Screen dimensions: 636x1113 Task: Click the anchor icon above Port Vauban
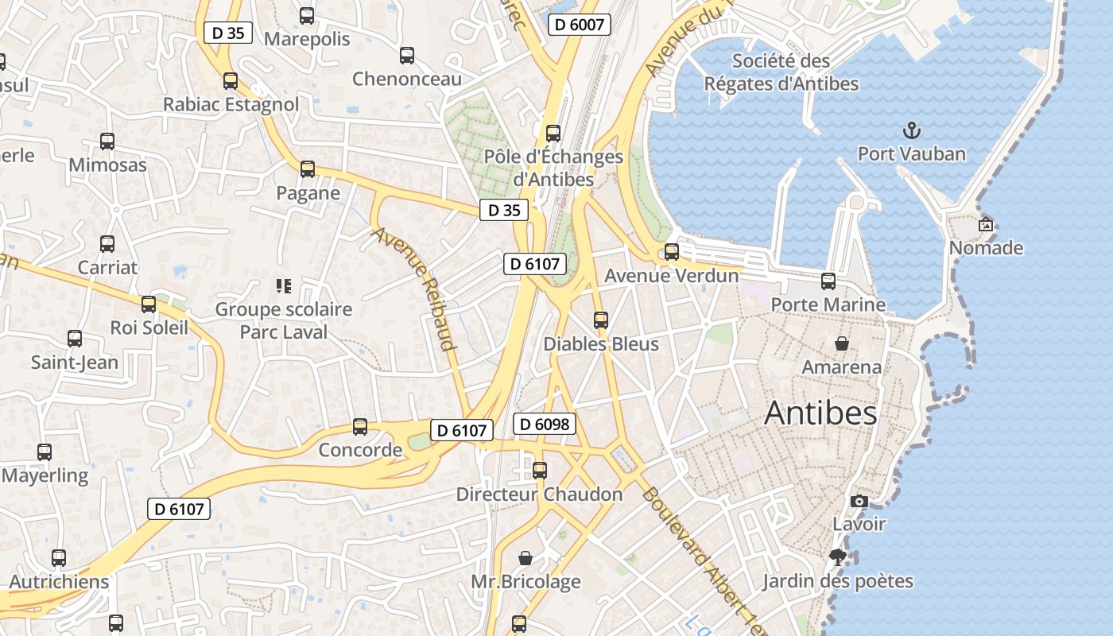coord(912,130)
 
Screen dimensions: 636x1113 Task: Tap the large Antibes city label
coord(820,413)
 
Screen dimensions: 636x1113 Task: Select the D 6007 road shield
coord(579,25)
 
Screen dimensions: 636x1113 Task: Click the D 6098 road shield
coord(545,424)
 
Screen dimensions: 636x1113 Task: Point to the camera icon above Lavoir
coord(859,501)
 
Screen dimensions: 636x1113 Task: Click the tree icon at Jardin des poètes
coord(836,556)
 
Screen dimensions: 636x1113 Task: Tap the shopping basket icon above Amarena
coord(841,343)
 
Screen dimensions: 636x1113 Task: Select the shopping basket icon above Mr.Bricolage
coord(525,558)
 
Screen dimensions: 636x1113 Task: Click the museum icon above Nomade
coord(986,224)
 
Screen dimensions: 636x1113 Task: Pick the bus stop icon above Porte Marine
coord(828,281)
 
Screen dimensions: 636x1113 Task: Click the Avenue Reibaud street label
coord(415,289)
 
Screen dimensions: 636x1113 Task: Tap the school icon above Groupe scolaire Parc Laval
coord(284,285)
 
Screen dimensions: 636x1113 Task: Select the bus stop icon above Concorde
coord(360,427)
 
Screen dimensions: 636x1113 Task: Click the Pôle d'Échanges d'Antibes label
coord(553,168)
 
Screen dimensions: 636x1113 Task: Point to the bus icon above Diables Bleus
coord(601,320)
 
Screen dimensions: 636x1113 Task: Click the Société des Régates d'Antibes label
coord(781,72)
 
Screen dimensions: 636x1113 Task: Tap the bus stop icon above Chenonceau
coord(407,56)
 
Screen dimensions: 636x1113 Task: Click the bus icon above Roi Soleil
coord(149,304)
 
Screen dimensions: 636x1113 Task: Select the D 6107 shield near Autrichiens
coord(179,509)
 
